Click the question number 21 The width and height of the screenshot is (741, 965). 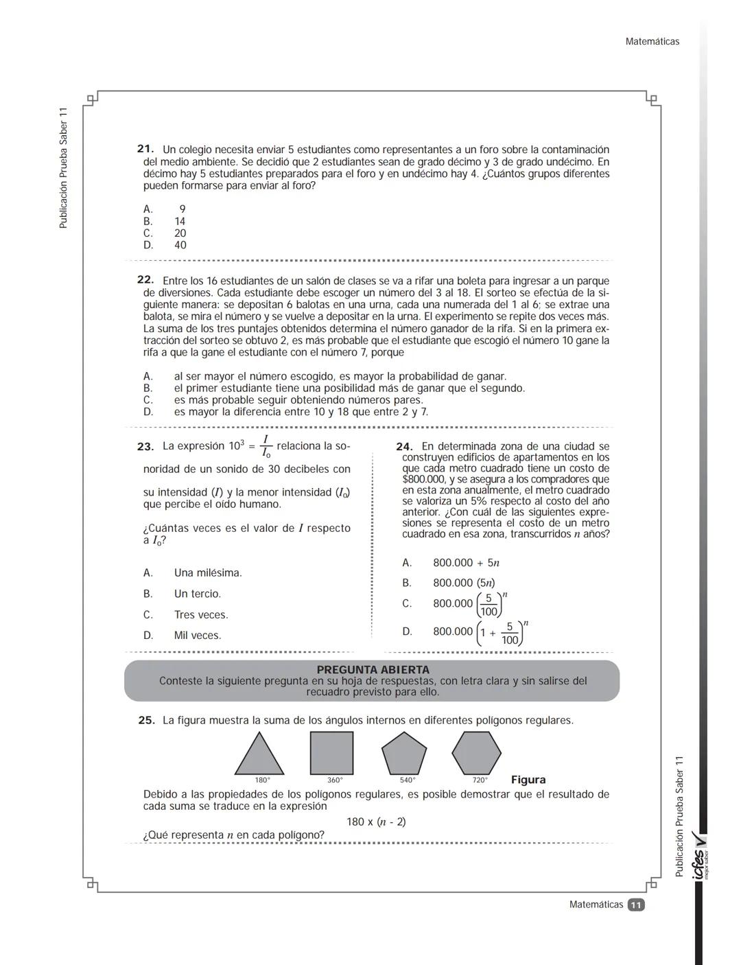pyautogui.click(x=145, y=149)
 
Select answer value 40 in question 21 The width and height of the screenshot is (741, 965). pyautogui.click(x=180, y=245)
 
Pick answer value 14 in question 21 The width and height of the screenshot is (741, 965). pyautogui.click(x=180, y=222)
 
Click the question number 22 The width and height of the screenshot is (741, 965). pyautogui.click(x=145, y=280)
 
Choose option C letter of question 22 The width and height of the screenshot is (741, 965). pyautogui.click(x=148, y=400)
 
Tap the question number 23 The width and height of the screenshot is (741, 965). pyautogui.click(x=145, y=446)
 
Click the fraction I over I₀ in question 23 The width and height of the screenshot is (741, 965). pyautogui.click(x=266, y=446)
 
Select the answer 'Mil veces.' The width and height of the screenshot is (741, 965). pyautogui.click(x=198, y=636)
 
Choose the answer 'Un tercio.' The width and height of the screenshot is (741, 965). pyautogui.click(x=198, y=594)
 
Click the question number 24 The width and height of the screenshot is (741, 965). pyautogui.click(x=404, y=446)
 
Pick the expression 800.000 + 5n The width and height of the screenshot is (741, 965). pyautogui.click(x=466, y=563)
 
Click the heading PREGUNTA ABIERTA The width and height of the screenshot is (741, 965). pyautogui.click(x=373, y=670)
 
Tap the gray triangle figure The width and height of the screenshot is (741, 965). pyautogui.click(x=259, y=756)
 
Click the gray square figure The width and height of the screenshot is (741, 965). pyautogui.click(x=331, y=753)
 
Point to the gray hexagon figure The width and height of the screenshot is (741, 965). pyautogui.click(x=476, y=753)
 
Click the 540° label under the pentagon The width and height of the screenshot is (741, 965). pyautogui.click(x=408, y=780)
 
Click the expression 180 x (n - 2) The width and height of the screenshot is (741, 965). pyautogui.click(x=376, y=822)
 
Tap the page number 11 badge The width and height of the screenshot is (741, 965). pyautogui.click(x=636, y=905)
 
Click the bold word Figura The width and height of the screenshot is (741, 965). pyautogui.click(x=528, y=780)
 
